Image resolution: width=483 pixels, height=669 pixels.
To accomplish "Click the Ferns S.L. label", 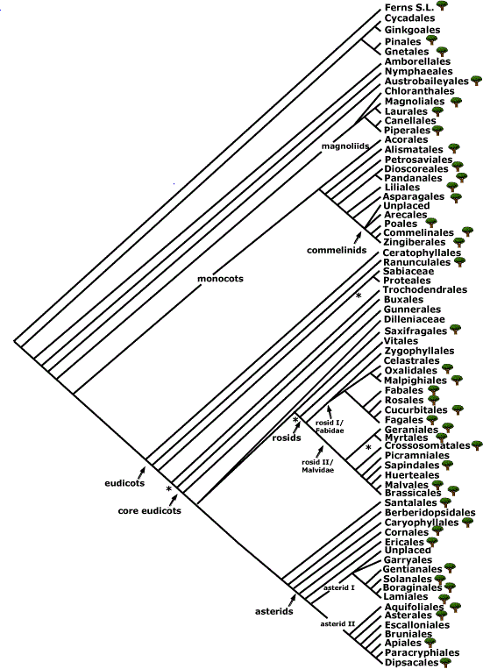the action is pyautogui.click(x=409, y=7).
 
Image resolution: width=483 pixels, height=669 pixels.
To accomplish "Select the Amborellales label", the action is pyautogui.click(x=411, y=61).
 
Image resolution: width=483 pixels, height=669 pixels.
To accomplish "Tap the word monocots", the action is pyautogui.click(x=220, y=279).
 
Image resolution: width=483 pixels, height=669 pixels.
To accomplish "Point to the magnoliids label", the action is pyautogui.click(x=345, y=146).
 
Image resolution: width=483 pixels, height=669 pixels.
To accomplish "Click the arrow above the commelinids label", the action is pyautogui.click(x=357, y=238).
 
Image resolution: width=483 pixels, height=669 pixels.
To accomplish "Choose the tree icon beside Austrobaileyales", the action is pyautogui.click(x=476, y=80).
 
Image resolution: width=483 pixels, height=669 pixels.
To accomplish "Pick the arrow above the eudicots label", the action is pyautogui.click(x=142, y=472).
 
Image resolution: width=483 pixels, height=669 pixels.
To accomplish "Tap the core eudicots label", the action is pyautogui.click(x=149, y=510).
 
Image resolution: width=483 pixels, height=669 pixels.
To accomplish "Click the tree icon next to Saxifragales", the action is pyautogui.click(x=455, y=329).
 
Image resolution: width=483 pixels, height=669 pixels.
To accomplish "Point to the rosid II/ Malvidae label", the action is pyautogui.click(x=318, y=466).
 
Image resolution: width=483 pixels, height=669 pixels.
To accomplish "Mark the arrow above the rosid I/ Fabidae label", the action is pyautogui.click(x=330, y=412).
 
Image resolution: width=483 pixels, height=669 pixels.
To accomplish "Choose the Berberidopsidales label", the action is pyautogui.click(x=430, y=512).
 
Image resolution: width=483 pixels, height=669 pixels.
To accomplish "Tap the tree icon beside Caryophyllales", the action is pyautogui.click(x=467, y=523).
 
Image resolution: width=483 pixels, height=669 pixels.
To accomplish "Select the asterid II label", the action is pyautogui.click(x=337, y=623).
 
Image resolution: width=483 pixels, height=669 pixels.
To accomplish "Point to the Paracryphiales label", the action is pyautogui.click(x=416, y=653).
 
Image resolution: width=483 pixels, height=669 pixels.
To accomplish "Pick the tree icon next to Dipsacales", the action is pyautogui.click(x=446, y=662).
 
